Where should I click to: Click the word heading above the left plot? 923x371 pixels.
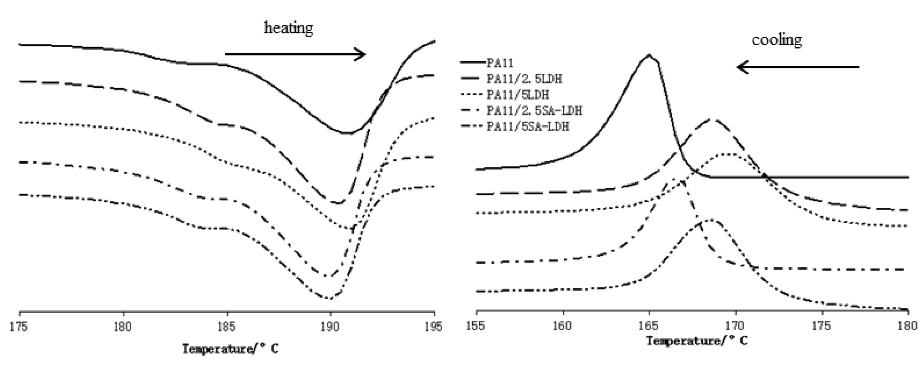coord(288,28)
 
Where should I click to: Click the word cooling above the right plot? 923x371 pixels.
coord(776,40)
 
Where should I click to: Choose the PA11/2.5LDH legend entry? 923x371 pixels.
coord(524,79)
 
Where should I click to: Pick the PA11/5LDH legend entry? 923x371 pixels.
coord(517,95)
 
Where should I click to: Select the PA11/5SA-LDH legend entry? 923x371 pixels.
coord(527,126)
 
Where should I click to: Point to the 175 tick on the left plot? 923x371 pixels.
coord(19,327)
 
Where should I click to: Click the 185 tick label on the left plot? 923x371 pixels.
coord(227,327)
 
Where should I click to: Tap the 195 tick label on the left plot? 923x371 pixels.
coord(434,327)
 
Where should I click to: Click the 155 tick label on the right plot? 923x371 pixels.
coord(476,326)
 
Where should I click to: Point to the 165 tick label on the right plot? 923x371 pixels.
coord(649,326)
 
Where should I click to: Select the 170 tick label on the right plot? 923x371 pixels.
coord(735,326)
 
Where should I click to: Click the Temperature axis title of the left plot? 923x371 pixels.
coord(230,348)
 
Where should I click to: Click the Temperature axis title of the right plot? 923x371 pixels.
coord(697,341)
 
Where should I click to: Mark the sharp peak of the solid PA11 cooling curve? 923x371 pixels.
coord(649,55)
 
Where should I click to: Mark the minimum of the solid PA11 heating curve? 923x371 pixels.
coord(347,133)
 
